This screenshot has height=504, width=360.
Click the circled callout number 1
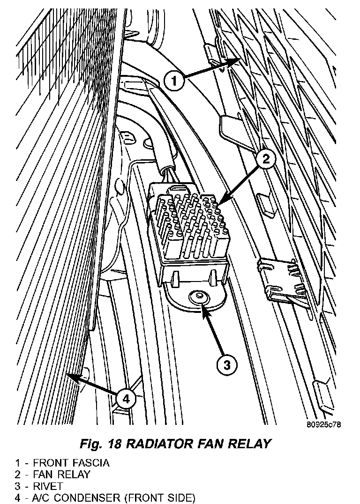[x=174, y=82]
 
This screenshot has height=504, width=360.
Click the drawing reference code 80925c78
[x=323, y=425]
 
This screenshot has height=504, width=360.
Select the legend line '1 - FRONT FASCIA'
[x=62, y=463]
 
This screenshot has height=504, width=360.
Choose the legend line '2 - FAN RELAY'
[x=52, y=474]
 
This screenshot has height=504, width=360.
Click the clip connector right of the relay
[x=280, y=281]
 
